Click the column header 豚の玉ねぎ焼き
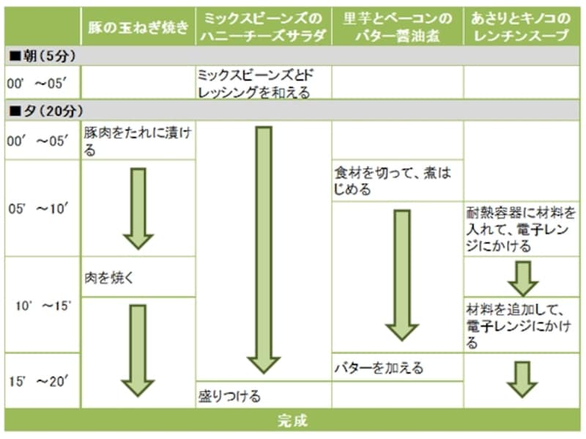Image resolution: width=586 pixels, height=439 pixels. tap(138, 27)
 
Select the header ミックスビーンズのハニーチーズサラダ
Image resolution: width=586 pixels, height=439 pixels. tap(263, 27)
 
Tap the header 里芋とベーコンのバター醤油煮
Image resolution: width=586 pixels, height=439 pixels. tap(397, 27)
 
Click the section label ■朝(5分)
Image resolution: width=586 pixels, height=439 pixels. tap(43, 56)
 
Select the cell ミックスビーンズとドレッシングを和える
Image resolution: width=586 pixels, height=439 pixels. tap(260, 83)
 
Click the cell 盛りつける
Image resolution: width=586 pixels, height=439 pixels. tap(229, 396)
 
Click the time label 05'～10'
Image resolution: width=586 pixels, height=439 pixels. tap(41, 208)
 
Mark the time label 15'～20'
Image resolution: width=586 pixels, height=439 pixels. tap(41, 381)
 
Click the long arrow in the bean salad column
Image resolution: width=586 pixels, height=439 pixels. tap(263, 249)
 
